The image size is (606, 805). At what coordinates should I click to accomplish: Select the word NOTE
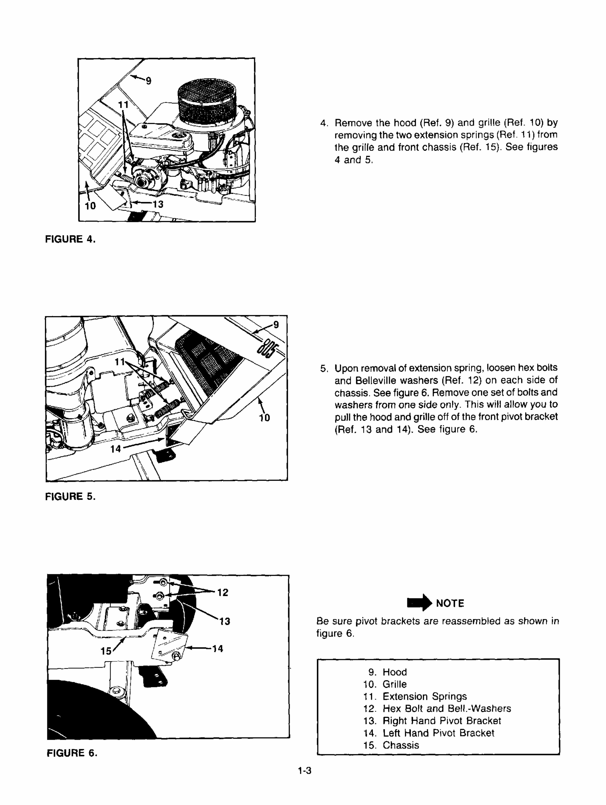point(450,603)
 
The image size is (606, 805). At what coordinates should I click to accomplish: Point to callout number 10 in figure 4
point(90,206)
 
